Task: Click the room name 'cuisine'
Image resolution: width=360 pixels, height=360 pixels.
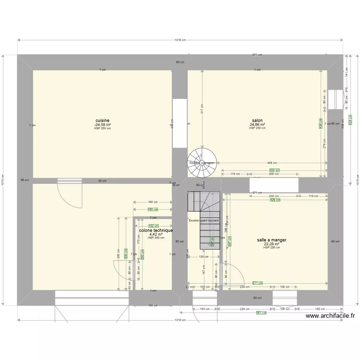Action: [102, 120]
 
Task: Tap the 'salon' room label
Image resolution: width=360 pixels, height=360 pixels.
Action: [257, 120]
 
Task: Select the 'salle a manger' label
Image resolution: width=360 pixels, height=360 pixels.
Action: [272, 240]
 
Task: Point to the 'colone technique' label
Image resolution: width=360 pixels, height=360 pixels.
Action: [156, 230]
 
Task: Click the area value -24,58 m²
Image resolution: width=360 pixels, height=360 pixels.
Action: [102, 124]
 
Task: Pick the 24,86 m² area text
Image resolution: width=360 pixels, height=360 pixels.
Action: [257, 124]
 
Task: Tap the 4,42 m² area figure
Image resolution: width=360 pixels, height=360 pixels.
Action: [156, 234]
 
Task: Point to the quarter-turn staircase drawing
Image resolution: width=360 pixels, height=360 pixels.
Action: [204, 218]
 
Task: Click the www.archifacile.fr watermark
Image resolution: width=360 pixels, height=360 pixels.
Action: [330, 316]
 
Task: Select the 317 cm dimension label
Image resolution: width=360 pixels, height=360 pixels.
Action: [203, 109]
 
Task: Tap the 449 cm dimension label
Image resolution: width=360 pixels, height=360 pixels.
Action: [274, 163]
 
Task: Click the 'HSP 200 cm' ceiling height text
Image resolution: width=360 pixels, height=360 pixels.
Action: [272, 247]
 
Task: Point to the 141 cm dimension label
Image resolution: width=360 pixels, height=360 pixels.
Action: [347, 72]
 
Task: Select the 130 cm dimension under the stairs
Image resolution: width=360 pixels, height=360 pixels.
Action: [203, 256]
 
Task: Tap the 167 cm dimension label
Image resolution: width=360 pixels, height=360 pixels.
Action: [203, 270]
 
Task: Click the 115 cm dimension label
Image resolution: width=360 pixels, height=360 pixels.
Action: [235, 174]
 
